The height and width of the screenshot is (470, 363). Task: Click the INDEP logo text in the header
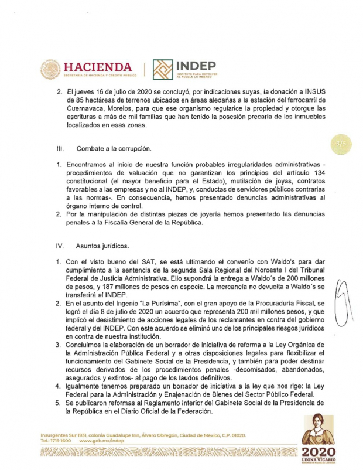point(196,66)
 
